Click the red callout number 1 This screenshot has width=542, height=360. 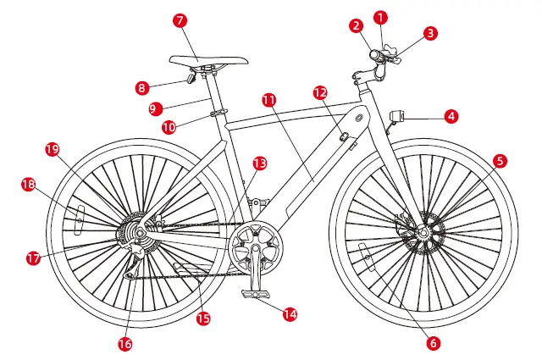coord(380,16)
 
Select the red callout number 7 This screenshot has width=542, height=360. coord(180,18)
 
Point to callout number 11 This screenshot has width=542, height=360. coord(269,99)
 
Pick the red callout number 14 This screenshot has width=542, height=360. coord(290,313)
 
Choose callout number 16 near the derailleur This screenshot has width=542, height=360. coord(125,344)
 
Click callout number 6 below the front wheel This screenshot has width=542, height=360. coord(434,343)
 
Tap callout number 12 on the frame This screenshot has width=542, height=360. coord(320,91)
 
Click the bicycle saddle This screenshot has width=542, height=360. coord(208,60)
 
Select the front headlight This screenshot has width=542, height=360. coord(396,115)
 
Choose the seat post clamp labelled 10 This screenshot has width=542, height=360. coord(218,113)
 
